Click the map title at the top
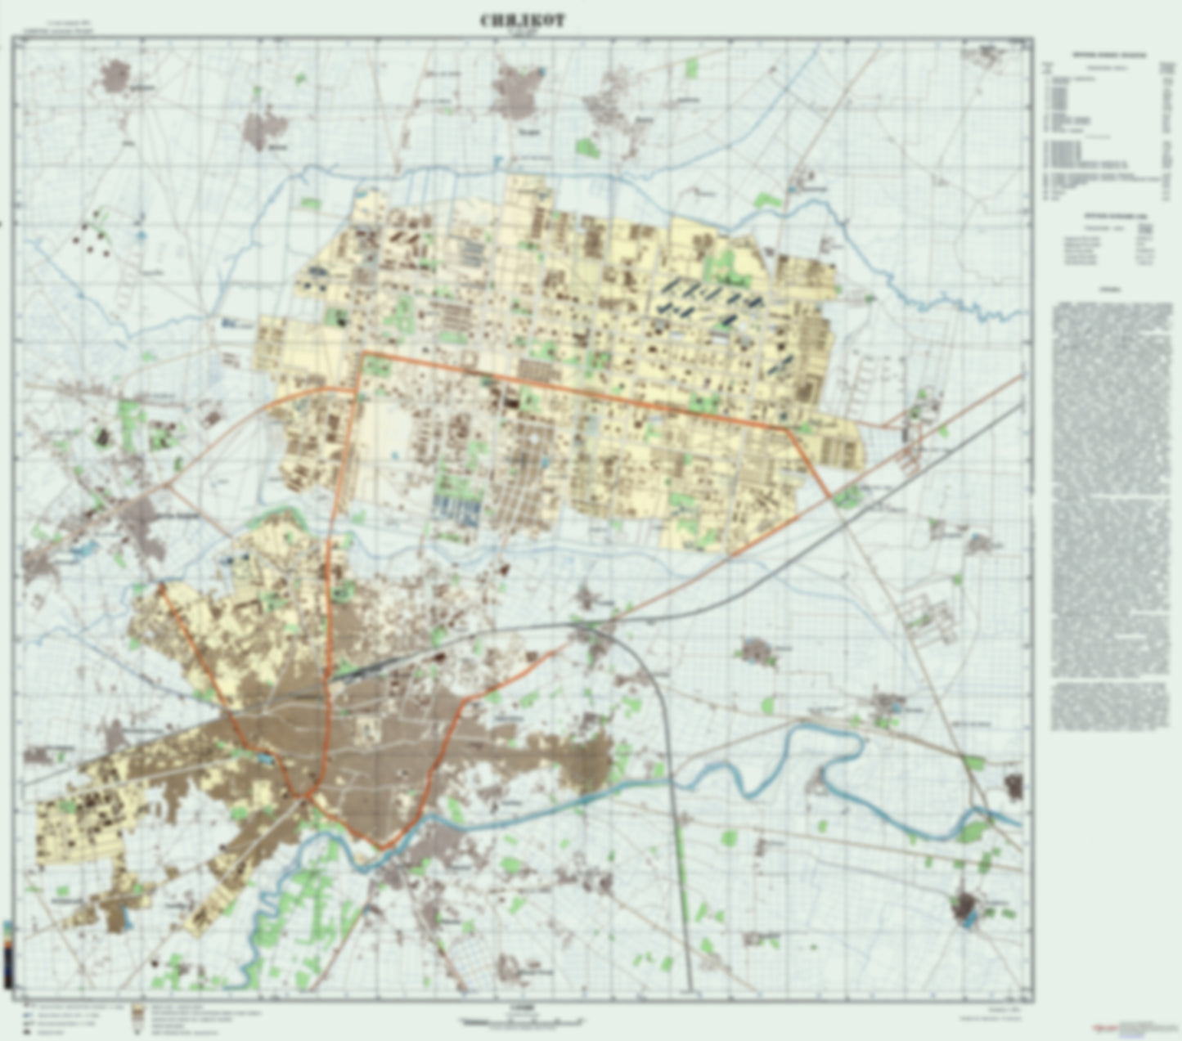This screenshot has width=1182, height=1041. pyautogui.click(x=522, y=21)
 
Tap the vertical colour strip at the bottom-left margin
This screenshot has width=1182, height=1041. pyautogui.click(x=7, y=954)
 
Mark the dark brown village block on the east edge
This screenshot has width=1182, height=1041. pyautogui.click(x=1013, y=786)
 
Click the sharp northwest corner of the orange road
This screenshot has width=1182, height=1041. pyautogui.click(x=362, y=353)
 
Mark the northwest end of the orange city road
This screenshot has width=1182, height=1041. pyautogui.click(x=161, y=586)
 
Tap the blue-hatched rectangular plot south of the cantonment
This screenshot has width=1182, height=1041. pyautogui.click(x=458, y=510)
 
